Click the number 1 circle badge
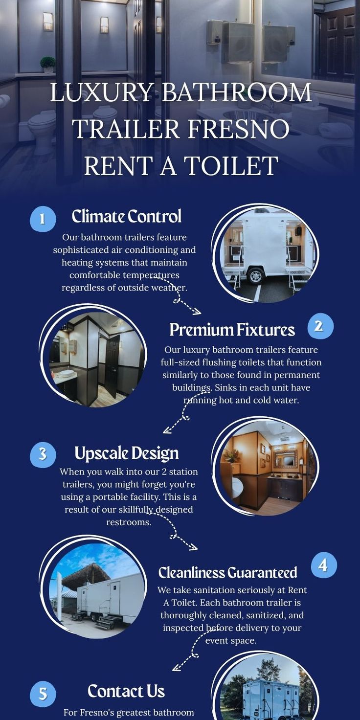[43, 219]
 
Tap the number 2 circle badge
[320, 326]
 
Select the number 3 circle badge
[43, 454]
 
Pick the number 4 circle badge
[324, 565]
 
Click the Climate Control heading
[126, 216]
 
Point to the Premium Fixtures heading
[232, 330]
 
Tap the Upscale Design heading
[126, 453]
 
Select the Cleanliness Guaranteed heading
[227, 572]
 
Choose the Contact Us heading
[126, 691]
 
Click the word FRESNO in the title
[238, 129]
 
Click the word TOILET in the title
[231, 165]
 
